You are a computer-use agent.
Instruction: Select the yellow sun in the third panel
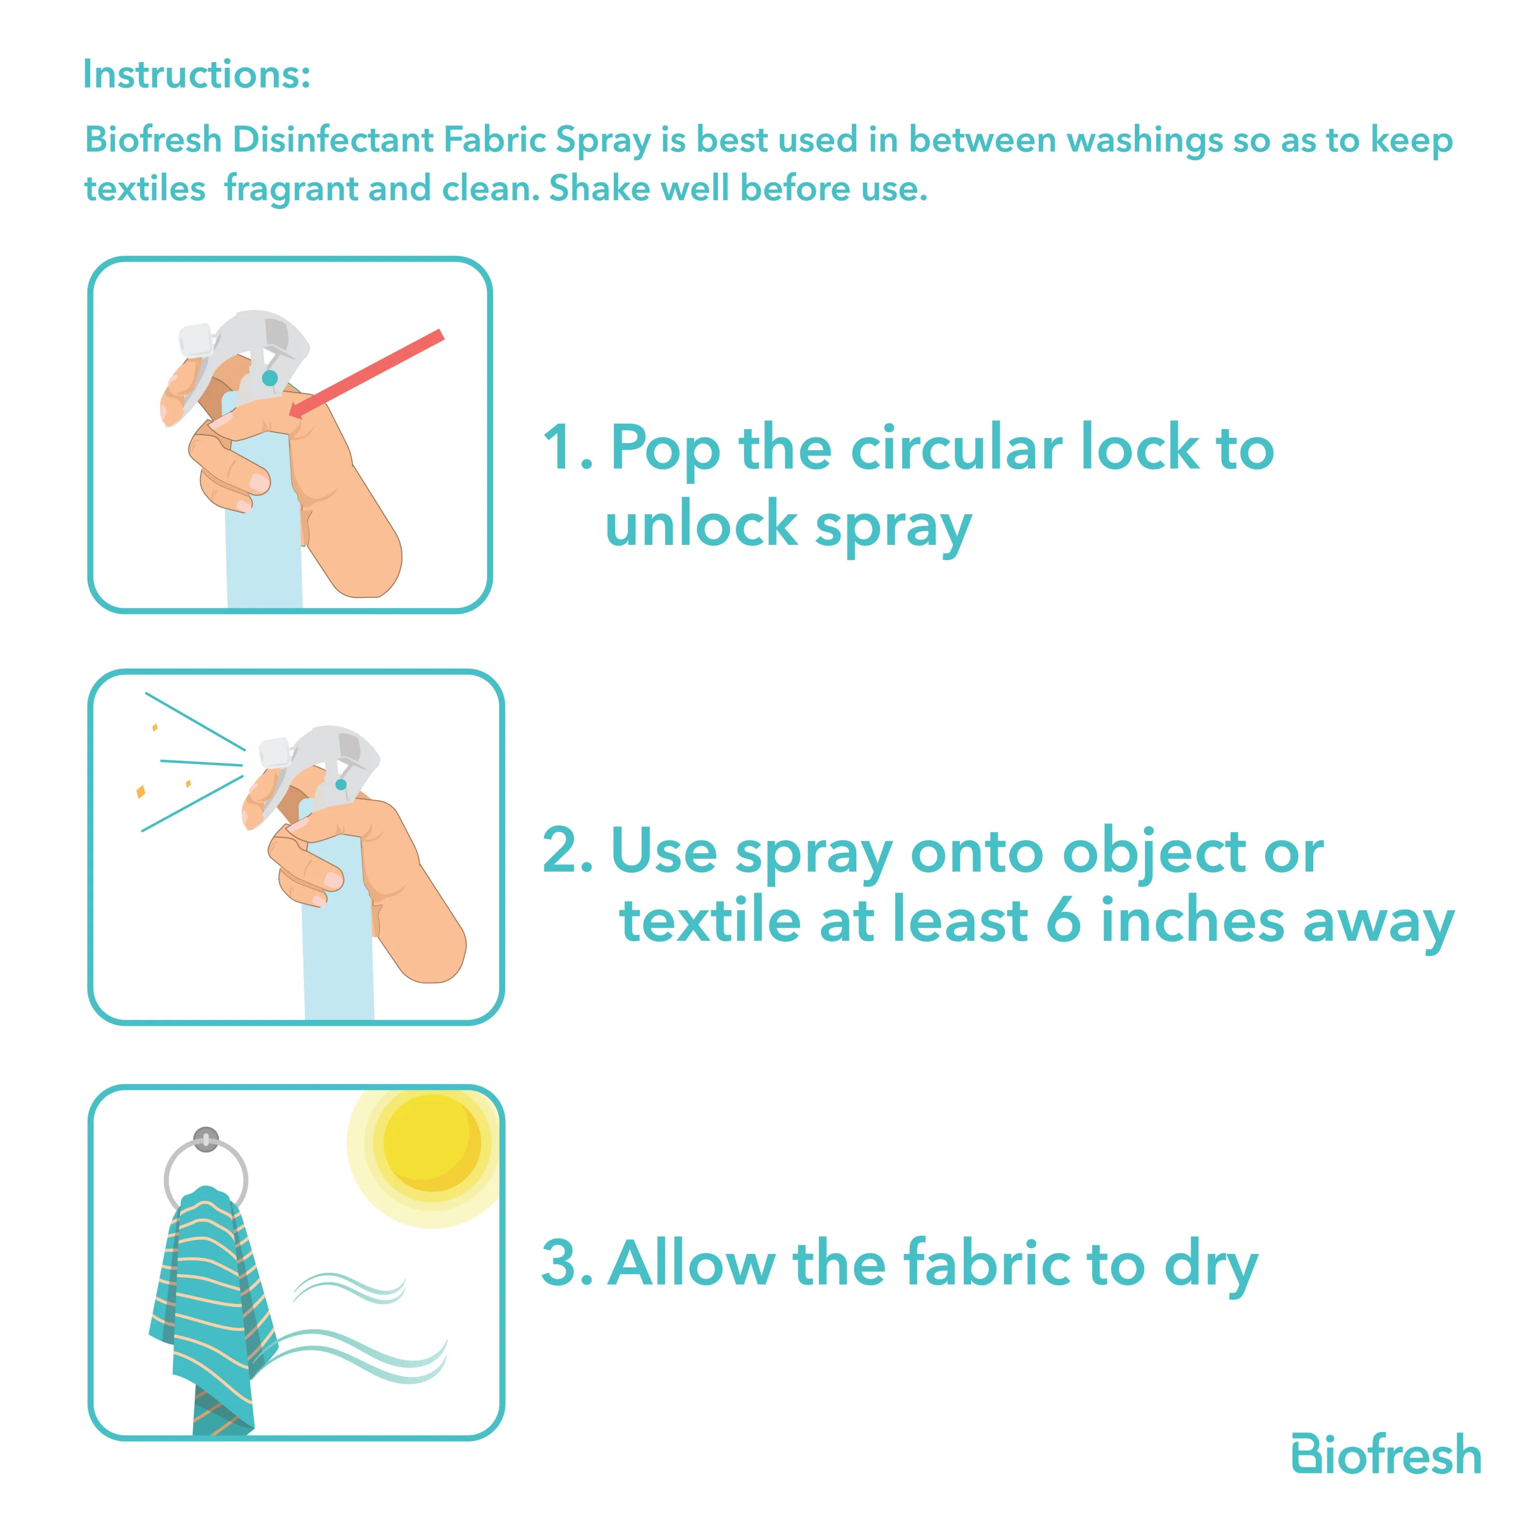(431, 1144)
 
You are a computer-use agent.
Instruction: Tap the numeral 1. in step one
(567, 448)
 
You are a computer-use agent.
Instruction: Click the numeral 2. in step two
(567, 851)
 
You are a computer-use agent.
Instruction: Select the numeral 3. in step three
(566, 1263)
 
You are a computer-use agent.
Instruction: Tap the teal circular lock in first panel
(270, 378)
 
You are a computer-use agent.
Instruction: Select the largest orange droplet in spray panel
(141, 791)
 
